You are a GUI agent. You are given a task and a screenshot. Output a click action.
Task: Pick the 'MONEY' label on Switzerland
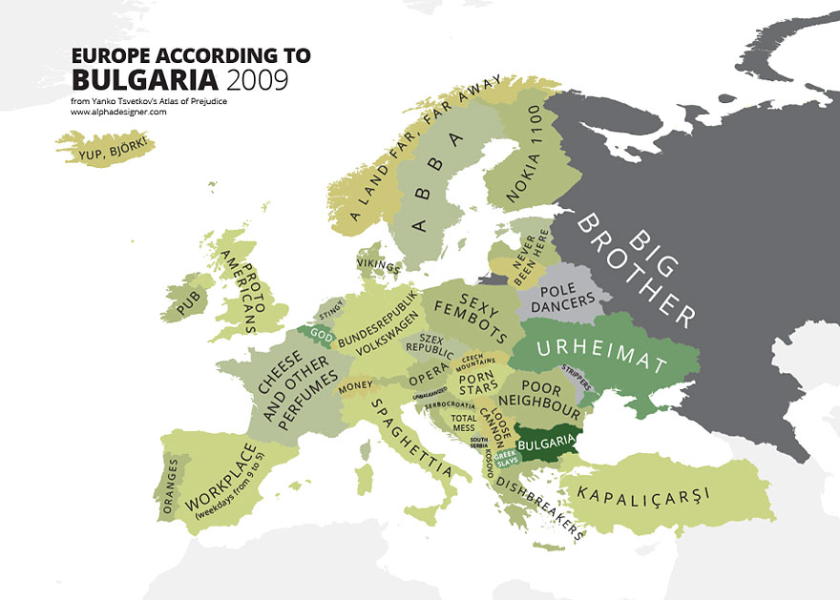click(354, 385)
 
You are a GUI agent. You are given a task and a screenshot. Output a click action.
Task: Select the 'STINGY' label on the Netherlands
click(330, 308)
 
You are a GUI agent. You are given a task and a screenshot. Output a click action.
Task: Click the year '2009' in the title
click(253, 78)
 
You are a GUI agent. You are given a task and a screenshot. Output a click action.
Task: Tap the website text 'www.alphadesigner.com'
click(118, 112)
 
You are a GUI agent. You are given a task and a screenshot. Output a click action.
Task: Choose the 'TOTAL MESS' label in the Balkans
click(464, 423)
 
